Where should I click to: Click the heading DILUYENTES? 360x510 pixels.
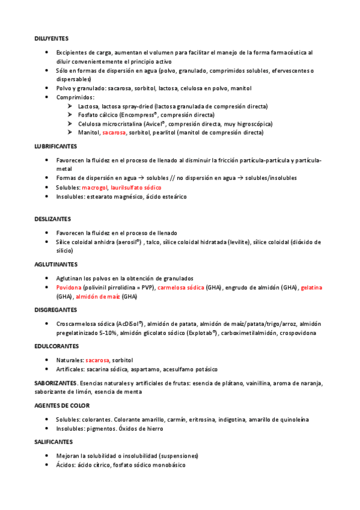pyautogui.click(x=50, y=38)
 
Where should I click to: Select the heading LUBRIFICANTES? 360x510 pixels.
pyautogui.click(x=55, y=146)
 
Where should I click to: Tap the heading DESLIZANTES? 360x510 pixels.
pyautogui.click(x=52, y=219)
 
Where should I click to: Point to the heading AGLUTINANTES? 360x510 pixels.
pyautogui.click(x=55, y=264)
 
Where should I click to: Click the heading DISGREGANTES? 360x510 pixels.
pyautogui.click(x=55, y=310)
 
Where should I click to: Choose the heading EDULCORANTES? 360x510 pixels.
pyautogui.click(x=56, y=346)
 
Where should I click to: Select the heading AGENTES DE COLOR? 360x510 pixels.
pyautogui.click(x=62, y=405)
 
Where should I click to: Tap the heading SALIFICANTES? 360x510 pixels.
pyautogui.click(x=53, y=441)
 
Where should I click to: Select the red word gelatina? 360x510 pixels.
pyautogui.click(x=311, y=288)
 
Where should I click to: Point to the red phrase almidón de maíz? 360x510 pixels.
pyautogui.click(x=98, y=296)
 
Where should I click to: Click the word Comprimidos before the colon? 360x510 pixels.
pyautogui.click(x=75, y=97)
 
